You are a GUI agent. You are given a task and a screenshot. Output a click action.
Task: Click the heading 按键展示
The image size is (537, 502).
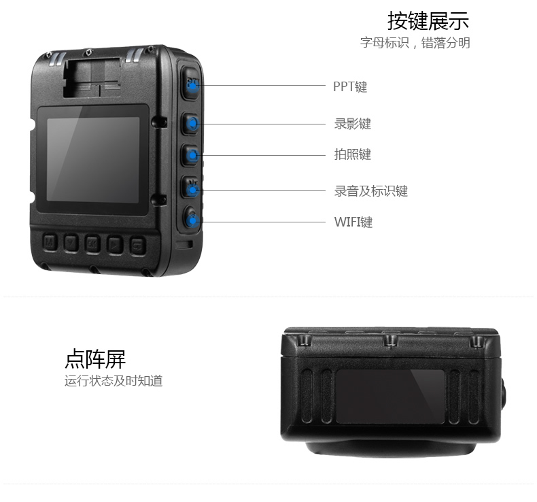click(x=428, y=20)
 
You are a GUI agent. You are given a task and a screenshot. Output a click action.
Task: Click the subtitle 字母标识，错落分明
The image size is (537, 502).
click(x=415, y=43)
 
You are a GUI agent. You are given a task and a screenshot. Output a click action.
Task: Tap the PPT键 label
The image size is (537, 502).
click(x=350, y=86)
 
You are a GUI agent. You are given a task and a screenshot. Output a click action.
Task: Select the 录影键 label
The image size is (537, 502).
click(x=352, y=124)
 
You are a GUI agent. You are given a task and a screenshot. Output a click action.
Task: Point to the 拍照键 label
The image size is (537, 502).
click(x=352, y=154)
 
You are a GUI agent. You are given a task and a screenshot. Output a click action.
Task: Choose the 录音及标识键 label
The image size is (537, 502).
click(x=371, y=191)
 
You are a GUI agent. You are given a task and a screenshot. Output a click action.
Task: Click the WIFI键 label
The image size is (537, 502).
click(x=353, y=222)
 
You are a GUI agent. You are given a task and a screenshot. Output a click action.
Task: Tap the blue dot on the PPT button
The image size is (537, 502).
click(x=192, y=85)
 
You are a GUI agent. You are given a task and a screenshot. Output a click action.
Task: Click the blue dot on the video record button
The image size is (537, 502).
click(x=193, y=123)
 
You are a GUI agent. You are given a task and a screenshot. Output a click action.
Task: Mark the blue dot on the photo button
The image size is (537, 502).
click(x=193, y=155)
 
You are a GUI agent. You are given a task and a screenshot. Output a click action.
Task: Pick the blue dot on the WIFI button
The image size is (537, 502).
click(x=192, y=220)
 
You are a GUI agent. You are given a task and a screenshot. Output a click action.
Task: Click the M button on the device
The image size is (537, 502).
click(x=50, y=243)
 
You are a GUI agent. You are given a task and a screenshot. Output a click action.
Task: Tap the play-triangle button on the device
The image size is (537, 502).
click(x=115, y=244)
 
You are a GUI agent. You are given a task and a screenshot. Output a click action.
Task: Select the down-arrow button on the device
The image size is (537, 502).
click(x=71, y=244)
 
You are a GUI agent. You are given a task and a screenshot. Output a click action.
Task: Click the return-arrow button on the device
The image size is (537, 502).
click(x=138, y=246)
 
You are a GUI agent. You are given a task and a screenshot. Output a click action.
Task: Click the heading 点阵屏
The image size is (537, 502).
click(x=95, y=358)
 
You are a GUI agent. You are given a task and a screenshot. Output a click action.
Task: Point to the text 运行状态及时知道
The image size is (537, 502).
click(x=114, y=381)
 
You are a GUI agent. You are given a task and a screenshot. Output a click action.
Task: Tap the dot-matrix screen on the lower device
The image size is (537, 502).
click(x=390, y=397)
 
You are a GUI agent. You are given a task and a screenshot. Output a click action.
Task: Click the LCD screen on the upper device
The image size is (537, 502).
click(x=93, y=159)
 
